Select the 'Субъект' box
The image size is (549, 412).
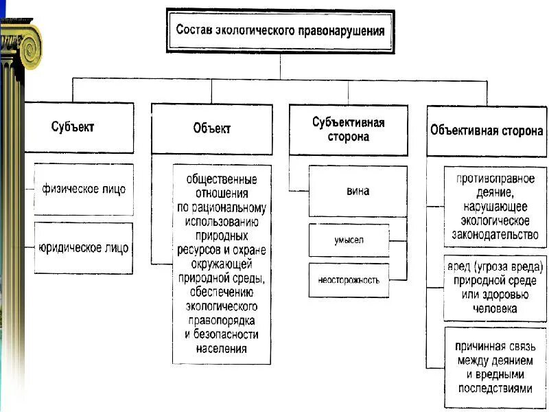[x=79, y=127]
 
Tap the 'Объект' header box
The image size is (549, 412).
[x=211, y=128]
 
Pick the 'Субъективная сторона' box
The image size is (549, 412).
[x=348, y=129]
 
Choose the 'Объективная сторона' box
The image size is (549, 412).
[x=487, y=130]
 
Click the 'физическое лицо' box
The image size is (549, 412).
[x=84, y=188]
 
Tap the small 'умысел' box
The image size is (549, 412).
[x=349, y=240]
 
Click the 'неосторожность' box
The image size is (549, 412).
[x=349, y=280]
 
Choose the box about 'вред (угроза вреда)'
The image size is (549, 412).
[x=495, y=288]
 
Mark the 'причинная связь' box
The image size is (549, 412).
[x=495, y=367]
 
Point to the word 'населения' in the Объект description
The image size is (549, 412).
[x=221, y=348]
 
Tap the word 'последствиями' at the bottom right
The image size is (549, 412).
[x=495, y=388]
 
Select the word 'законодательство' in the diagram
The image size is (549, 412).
[x=495, y=236]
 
